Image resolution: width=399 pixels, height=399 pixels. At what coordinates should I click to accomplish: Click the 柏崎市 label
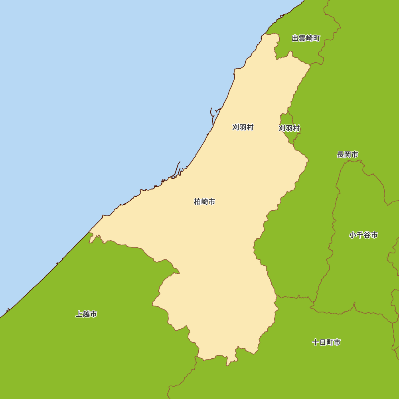pyautogui.click(x=205, y=202)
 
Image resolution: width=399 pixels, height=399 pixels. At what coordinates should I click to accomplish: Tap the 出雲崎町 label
pyautogui.click(x=306, y=38)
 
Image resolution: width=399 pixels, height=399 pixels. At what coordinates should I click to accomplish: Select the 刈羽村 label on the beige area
pyautogui.click(x=243, y=127)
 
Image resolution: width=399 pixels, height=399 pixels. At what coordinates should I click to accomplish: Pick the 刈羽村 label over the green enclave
pyautogui.click(x=289, y=128)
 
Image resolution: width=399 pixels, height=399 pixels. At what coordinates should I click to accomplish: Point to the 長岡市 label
pyautogui.click(x=348, y=154)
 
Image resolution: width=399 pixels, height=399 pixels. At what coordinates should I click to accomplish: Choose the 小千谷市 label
pyautogui.click(x=363, y=235)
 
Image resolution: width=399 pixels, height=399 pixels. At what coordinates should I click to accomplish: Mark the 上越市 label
pyautogui.click(x=87, y=314)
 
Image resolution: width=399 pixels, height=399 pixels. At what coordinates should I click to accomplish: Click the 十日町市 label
pyautogui.click(x=326, y=342)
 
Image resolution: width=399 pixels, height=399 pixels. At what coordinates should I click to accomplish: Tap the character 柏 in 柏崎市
pyautogui.click(x=198, y=202)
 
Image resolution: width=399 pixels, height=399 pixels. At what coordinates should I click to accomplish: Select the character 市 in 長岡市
pyautogui.click(x=355, y=154)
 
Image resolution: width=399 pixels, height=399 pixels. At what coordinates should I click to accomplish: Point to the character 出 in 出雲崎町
pyautogui.click(x=295, y=38)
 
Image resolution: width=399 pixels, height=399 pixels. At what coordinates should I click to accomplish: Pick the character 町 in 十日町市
pyautogui.click(x=330, y=342)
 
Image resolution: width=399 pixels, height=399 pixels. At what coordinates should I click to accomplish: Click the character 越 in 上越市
pyautogui.click(x=87, y=314)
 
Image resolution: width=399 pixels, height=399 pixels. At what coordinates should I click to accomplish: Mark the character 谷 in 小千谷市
pyautogui.click(x=367, y=235)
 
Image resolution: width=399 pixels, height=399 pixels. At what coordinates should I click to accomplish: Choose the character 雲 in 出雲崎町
pyautogui.click(x=302, y=38)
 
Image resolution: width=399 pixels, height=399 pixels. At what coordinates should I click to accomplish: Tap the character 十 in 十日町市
pyautogui.click(x=316, y=342)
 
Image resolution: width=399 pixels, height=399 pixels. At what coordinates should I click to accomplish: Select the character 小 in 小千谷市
pyautogui.click(x=353, y=235)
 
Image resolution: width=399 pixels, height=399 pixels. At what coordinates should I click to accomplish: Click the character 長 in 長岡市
pyautogui.click(x=340, y=154)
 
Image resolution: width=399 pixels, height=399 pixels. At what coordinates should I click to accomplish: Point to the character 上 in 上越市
pyautogui.click(x=79, y=314)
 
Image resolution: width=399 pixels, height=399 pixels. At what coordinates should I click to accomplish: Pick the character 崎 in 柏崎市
pyautogui.click(x=205, y=202)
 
